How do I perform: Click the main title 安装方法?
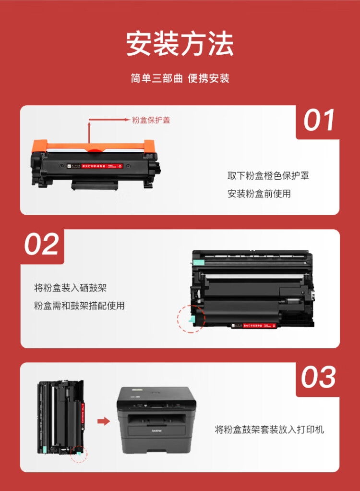(x=180, y=45)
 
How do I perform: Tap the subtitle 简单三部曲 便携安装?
(x=180, y=78)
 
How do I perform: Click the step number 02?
(x=42, y=245)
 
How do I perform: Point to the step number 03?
(x=319, y=378)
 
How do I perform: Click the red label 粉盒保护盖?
(x=151, y=120)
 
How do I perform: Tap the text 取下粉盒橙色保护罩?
(x=268, y=175)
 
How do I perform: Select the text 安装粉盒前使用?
(x=259, y=194)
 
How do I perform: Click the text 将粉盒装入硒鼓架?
(x=70, y=288)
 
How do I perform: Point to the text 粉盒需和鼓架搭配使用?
(x=79, y=306)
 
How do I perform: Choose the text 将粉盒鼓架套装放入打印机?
(x=269, y=429)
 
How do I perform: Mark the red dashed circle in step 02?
(x=191, y=318)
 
